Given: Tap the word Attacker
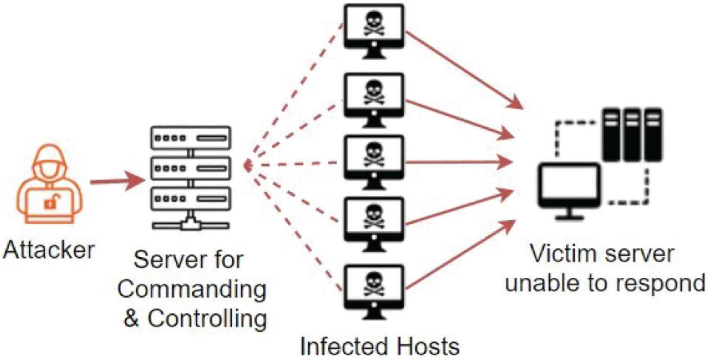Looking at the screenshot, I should (x=49, y=250).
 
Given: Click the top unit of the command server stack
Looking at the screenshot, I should (x=191, y=138).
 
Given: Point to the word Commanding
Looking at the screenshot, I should (x=192, y=289).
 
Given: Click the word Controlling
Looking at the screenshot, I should (x=207, y=319).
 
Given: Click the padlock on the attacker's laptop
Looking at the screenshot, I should (x=51, y=202).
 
